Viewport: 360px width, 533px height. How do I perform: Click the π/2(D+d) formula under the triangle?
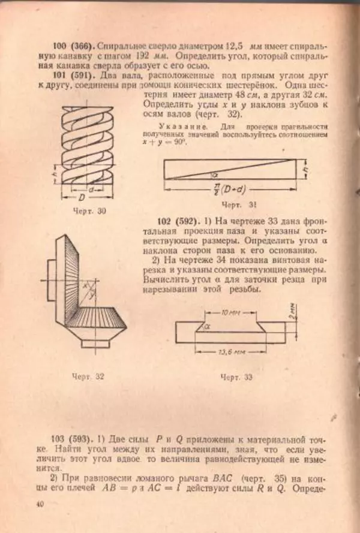click(227, 192)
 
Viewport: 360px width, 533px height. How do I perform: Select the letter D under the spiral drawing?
click(79, 198)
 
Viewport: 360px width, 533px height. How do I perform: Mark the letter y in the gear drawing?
click(91, 296)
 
